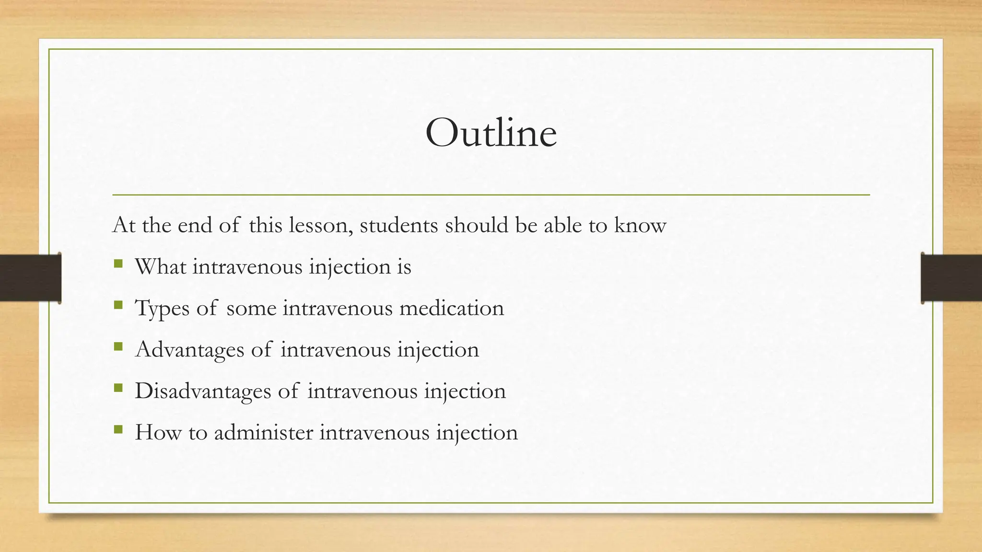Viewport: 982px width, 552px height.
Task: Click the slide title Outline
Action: [491, 133]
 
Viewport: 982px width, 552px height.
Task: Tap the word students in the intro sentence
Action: [398, 226]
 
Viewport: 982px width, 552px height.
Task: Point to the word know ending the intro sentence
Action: [640, 226]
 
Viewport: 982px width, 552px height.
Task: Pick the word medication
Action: [452, 308]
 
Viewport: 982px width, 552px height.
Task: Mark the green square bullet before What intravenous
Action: [118, 264]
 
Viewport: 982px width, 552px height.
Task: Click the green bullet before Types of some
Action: [118, 305]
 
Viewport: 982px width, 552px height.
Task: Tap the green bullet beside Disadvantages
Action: [118, 387]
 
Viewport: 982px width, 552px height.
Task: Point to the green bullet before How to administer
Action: [118, 429]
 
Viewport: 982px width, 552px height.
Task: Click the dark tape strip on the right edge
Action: [951, 278]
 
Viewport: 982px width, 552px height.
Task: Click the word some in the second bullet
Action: [251, 308]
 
